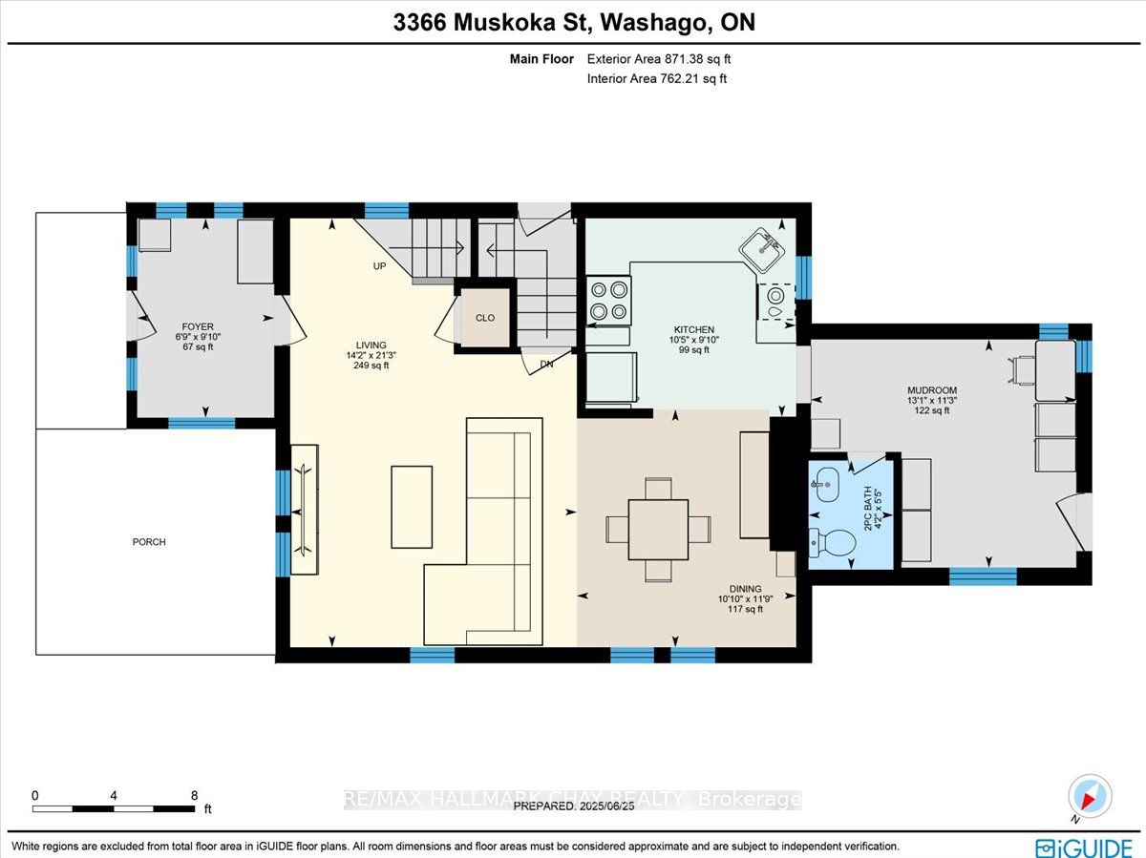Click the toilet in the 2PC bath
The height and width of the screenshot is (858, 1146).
832,543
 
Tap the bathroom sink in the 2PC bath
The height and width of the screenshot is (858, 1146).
826,484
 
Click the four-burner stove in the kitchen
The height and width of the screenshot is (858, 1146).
608,301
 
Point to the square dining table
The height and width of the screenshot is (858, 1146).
658,530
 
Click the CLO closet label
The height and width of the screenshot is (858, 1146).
485,318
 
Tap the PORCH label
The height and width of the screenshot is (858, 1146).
149,542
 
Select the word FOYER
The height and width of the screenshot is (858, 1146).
198,326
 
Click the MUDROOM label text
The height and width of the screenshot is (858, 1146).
932,390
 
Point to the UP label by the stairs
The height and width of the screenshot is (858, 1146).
379,266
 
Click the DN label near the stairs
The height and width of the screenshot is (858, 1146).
546,364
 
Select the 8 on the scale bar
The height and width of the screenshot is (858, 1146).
194,795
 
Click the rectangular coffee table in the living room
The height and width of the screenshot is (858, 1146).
412,507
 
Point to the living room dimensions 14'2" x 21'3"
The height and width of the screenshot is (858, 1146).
371,355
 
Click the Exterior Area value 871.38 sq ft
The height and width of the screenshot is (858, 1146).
697,59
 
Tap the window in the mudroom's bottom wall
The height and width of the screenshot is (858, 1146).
983,576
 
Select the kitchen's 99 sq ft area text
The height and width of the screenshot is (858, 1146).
694,349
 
